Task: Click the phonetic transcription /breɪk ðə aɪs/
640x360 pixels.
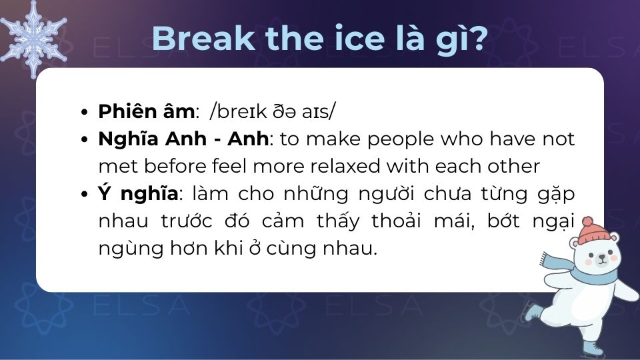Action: pos(272,111)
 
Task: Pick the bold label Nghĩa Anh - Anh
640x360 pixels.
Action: pos(184,139)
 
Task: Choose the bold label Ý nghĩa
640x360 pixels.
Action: pos(138,194)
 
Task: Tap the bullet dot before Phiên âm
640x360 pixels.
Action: pos(84,112)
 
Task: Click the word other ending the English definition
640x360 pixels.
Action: pos(515,166)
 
